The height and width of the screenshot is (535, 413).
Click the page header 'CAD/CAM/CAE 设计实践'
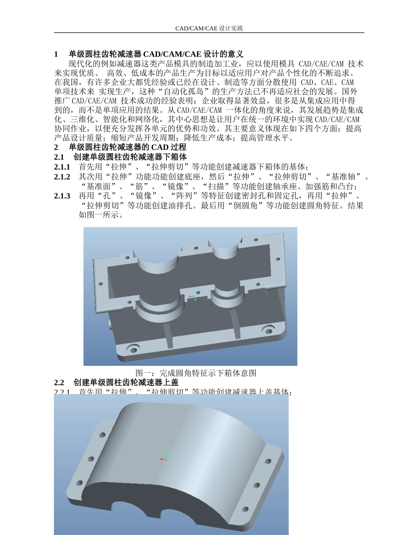209,28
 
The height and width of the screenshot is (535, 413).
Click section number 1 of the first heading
56,54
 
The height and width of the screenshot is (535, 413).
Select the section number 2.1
59,157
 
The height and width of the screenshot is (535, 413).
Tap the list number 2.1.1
62,167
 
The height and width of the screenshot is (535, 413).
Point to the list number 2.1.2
62,177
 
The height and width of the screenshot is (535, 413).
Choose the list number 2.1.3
62,196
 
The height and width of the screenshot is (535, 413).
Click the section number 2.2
59,383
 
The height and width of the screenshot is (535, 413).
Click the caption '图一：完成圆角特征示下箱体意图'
196,373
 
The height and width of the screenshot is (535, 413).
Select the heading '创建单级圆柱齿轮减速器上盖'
126,383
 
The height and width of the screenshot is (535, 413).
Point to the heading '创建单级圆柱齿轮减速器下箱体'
130,157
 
